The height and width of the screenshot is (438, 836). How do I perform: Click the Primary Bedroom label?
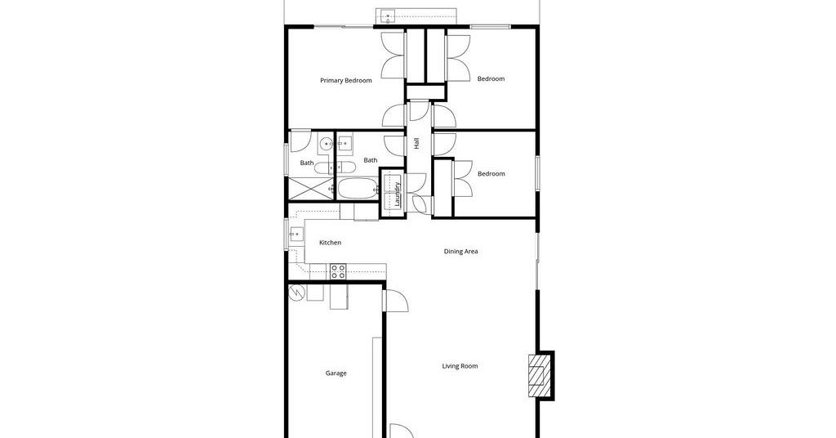346,81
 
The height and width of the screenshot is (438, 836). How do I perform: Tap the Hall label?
416,143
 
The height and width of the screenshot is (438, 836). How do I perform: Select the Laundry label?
398,194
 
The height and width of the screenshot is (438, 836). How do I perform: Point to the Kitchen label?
330,243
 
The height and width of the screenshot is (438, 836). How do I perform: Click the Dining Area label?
460,251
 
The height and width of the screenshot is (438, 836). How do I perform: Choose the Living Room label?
460,366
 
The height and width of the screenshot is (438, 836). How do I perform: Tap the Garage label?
336,373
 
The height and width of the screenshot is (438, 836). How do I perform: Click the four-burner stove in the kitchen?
338,271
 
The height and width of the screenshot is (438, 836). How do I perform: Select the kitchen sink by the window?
296,235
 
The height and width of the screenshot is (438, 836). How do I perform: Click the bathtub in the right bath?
358,188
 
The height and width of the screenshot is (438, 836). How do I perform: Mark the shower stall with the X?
311,188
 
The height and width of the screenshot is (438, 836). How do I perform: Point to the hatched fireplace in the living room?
537,376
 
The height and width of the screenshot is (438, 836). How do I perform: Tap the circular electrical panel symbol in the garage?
296,293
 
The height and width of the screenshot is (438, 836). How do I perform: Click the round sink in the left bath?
327,144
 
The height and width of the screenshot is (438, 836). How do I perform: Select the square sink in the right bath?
345,142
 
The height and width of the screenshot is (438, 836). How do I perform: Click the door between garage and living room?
395,301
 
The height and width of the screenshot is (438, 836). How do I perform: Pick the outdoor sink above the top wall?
388,16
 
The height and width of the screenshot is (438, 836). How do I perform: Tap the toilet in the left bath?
323,168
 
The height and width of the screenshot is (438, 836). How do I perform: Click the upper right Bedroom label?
491,79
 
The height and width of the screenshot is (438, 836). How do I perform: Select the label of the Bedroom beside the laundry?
491,174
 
